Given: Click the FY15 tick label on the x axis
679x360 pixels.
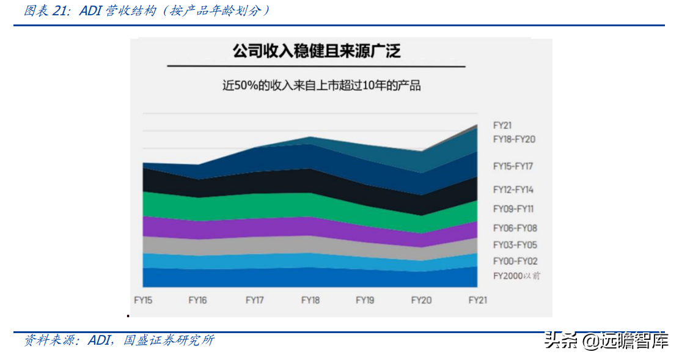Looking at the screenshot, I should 143,300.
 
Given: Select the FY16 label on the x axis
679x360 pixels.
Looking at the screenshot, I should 197,300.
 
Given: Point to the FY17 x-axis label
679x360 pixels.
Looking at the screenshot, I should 254,300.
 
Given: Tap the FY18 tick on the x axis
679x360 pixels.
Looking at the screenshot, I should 310,300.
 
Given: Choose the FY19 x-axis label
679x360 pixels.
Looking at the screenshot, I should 365,300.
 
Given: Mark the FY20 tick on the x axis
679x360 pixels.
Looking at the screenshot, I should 421,300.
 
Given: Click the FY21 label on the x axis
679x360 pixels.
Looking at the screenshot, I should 477,300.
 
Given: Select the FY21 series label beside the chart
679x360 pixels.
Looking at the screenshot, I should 502,125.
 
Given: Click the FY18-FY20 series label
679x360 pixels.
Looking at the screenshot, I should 514,139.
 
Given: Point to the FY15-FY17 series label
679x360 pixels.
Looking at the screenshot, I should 513,166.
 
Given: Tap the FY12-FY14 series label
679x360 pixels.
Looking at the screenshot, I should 513,190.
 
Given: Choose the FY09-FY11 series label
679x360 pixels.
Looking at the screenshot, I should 513,209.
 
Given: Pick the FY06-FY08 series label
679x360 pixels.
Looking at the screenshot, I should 515,229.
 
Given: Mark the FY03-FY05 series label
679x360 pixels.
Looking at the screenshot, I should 515,245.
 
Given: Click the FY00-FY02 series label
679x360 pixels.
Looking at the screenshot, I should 515,261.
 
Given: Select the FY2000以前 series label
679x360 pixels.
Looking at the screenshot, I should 516,276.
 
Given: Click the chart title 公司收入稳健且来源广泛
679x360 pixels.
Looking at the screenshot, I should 316,51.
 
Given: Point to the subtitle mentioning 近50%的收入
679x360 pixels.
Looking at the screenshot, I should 321,86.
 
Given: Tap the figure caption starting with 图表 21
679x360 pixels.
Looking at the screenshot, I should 146,11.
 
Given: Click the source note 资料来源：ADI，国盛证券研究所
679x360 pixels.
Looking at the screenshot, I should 119,340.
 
